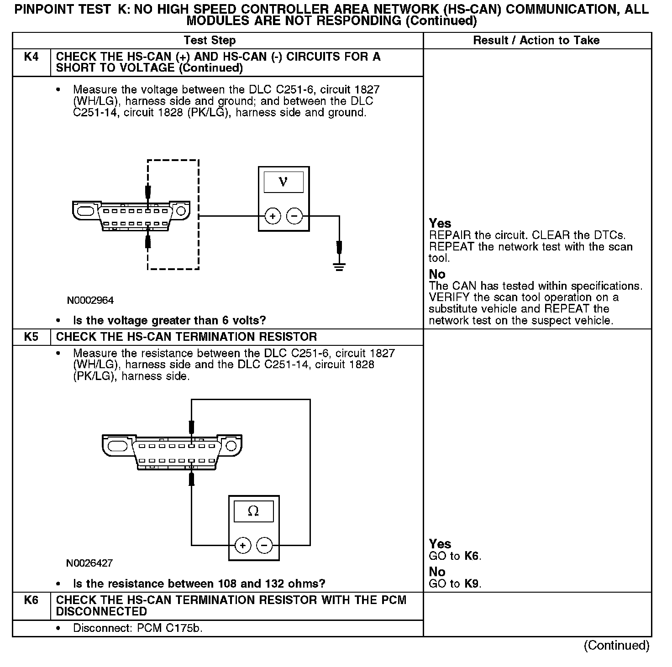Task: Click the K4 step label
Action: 31,57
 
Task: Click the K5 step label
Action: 31,337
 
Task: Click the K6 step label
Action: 31,600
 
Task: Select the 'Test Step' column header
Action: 210,41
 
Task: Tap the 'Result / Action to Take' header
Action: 536,41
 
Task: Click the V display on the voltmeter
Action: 283,182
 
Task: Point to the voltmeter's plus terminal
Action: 273,216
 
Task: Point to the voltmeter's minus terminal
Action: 294,216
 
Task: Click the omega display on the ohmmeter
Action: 253,511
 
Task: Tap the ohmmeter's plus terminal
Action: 242,545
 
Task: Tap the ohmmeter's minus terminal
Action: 264,545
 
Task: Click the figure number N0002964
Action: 90,301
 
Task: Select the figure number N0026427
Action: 89,563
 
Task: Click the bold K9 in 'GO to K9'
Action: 472,584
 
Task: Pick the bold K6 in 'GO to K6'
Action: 472,556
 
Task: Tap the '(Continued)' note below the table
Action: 616,646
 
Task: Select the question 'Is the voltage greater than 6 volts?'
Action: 169,320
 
